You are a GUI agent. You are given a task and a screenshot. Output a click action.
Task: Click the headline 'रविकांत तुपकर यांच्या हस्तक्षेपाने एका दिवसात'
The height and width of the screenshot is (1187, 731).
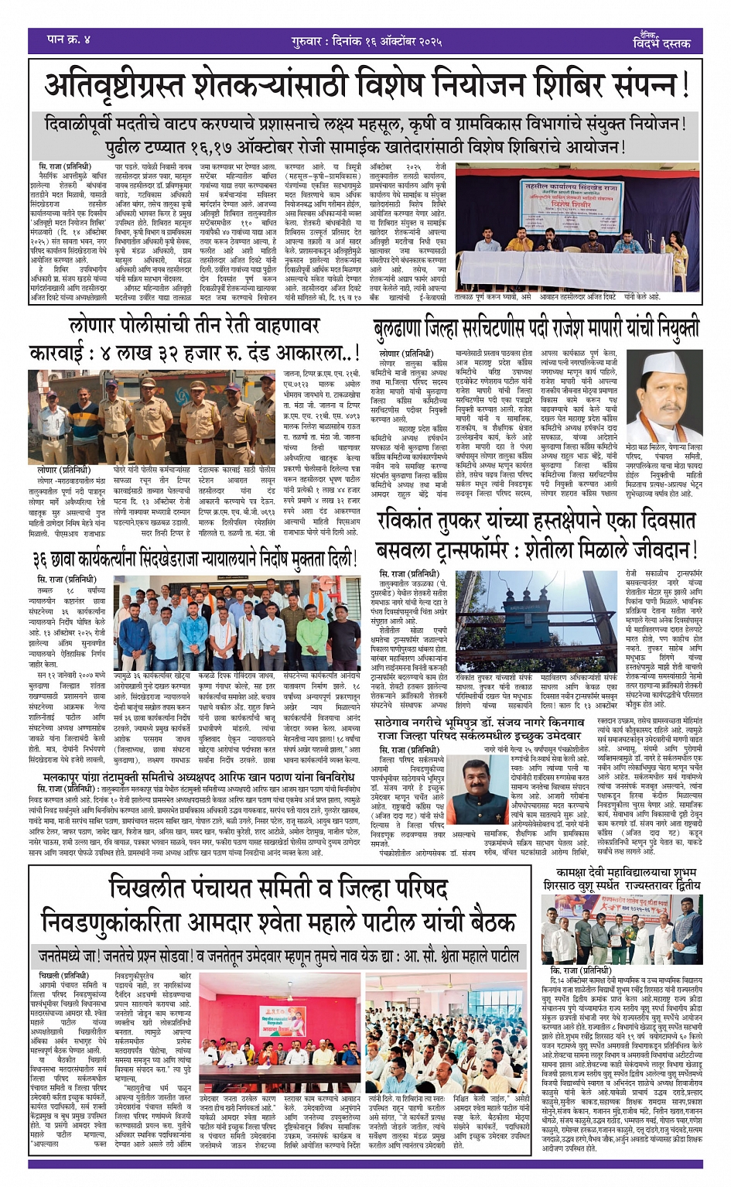pyautogui.click(x=537, y=523)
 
